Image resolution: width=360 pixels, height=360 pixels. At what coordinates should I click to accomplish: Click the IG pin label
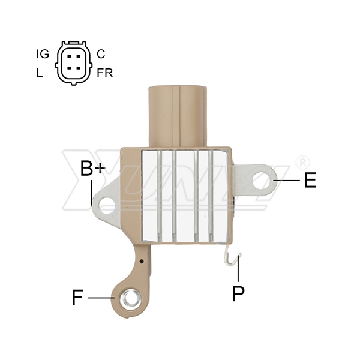(43, 54)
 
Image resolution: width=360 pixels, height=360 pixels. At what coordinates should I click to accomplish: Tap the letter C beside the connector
(101, 54)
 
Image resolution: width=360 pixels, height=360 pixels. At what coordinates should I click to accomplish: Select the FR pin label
(105, 73)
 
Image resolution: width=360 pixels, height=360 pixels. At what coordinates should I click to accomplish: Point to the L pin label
(40, 73)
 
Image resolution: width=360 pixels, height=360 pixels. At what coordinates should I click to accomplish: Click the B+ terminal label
(93, 168)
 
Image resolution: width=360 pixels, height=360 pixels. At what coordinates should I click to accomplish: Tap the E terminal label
(310, 180)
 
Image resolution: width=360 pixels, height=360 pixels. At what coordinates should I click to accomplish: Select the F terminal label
(77, 298)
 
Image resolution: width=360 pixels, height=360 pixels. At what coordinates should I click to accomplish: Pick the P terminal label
(238, 293)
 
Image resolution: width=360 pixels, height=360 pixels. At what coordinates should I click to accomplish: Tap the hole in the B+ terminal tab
(107, 205)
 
